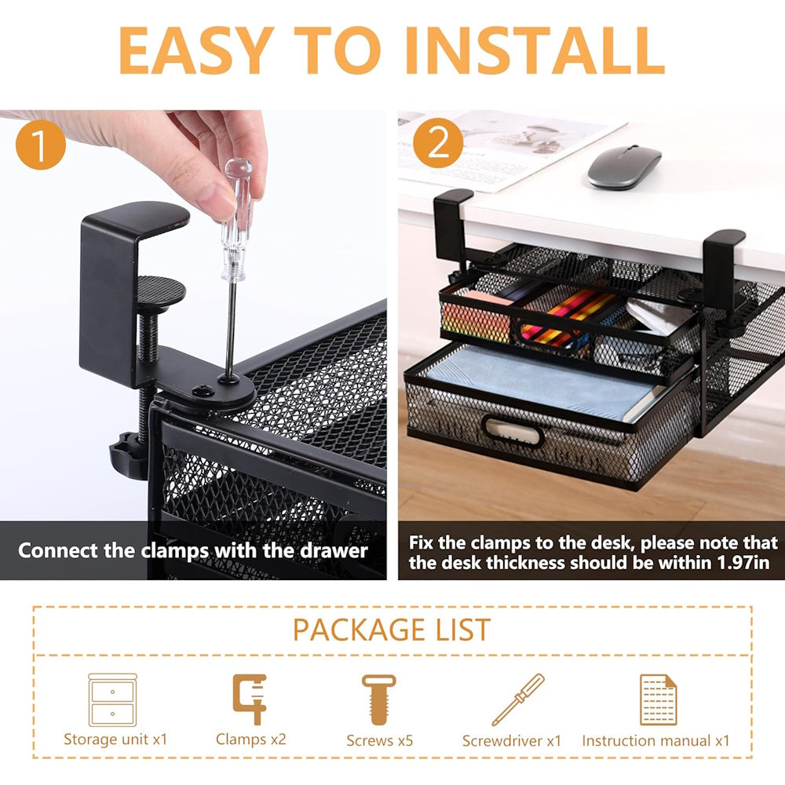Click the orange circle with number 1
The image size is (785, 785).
pyautogui.click(x=41, y=144)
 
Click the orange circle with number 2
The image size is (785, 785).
pyautogui.click(x=438, y=143)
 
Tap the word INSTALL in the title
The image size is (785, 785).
pyautogui.click(x=534, y=50)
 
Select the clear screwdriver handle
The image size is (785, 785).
pyautogui.click(x=237, y=219)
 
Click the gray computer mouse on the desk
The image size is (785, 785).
pyautogui.click(x=624, y=167)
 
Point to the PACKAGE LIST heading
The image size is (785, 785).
pyautogui.click(x=392, y=630)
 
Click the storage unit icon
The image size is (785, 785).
pyautogui.click(x=112, y=700)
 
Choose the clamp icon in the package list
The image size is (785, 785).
pyautogui.click(x=250, y=699)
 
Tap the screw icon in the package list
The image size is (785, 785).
pyautogui.click(x=379, y=699)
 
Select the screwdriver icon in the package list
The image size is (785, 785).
pyautogui.click(x=517, y=699)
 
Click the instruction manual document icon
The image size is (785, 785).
pyautogui.click(x=658, y=699)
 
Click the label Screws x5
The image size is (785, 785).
pyautogui.click(x=379, y=740)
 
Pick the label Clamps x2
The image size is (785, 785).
pyautogui.click(x=251, y=739)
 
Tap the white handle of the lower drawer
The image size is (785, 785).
pyautogui.click(x=513, y=432)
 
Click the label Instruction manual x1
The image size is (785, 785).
pyautogui.click(x=655, y=740)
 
